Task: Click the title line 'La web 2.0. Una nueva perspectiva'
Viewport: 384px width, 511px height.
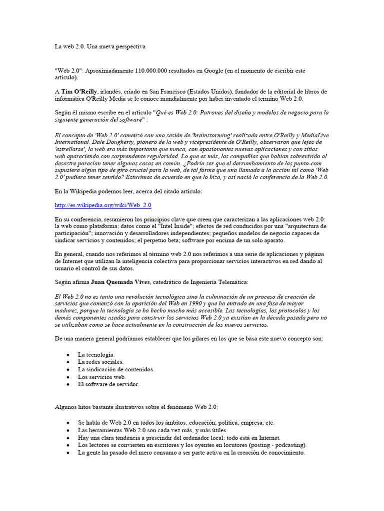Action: tap(100, 46)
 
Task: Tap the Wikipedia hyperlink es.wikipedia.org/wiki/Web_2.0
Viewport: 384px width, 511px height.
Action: tap(103, 205)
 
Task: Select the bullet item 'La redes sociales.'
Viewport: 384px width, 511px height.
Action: tap(100, 362)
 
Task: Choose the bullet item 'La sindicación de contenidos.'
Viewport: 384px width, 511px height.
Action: tap(116, 369)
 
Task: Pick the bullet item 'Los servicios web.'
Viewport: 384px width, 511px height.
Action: tap(101, 377)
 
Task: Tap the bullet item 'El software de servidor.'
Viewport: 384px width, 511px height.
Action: tap(108, 384)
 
